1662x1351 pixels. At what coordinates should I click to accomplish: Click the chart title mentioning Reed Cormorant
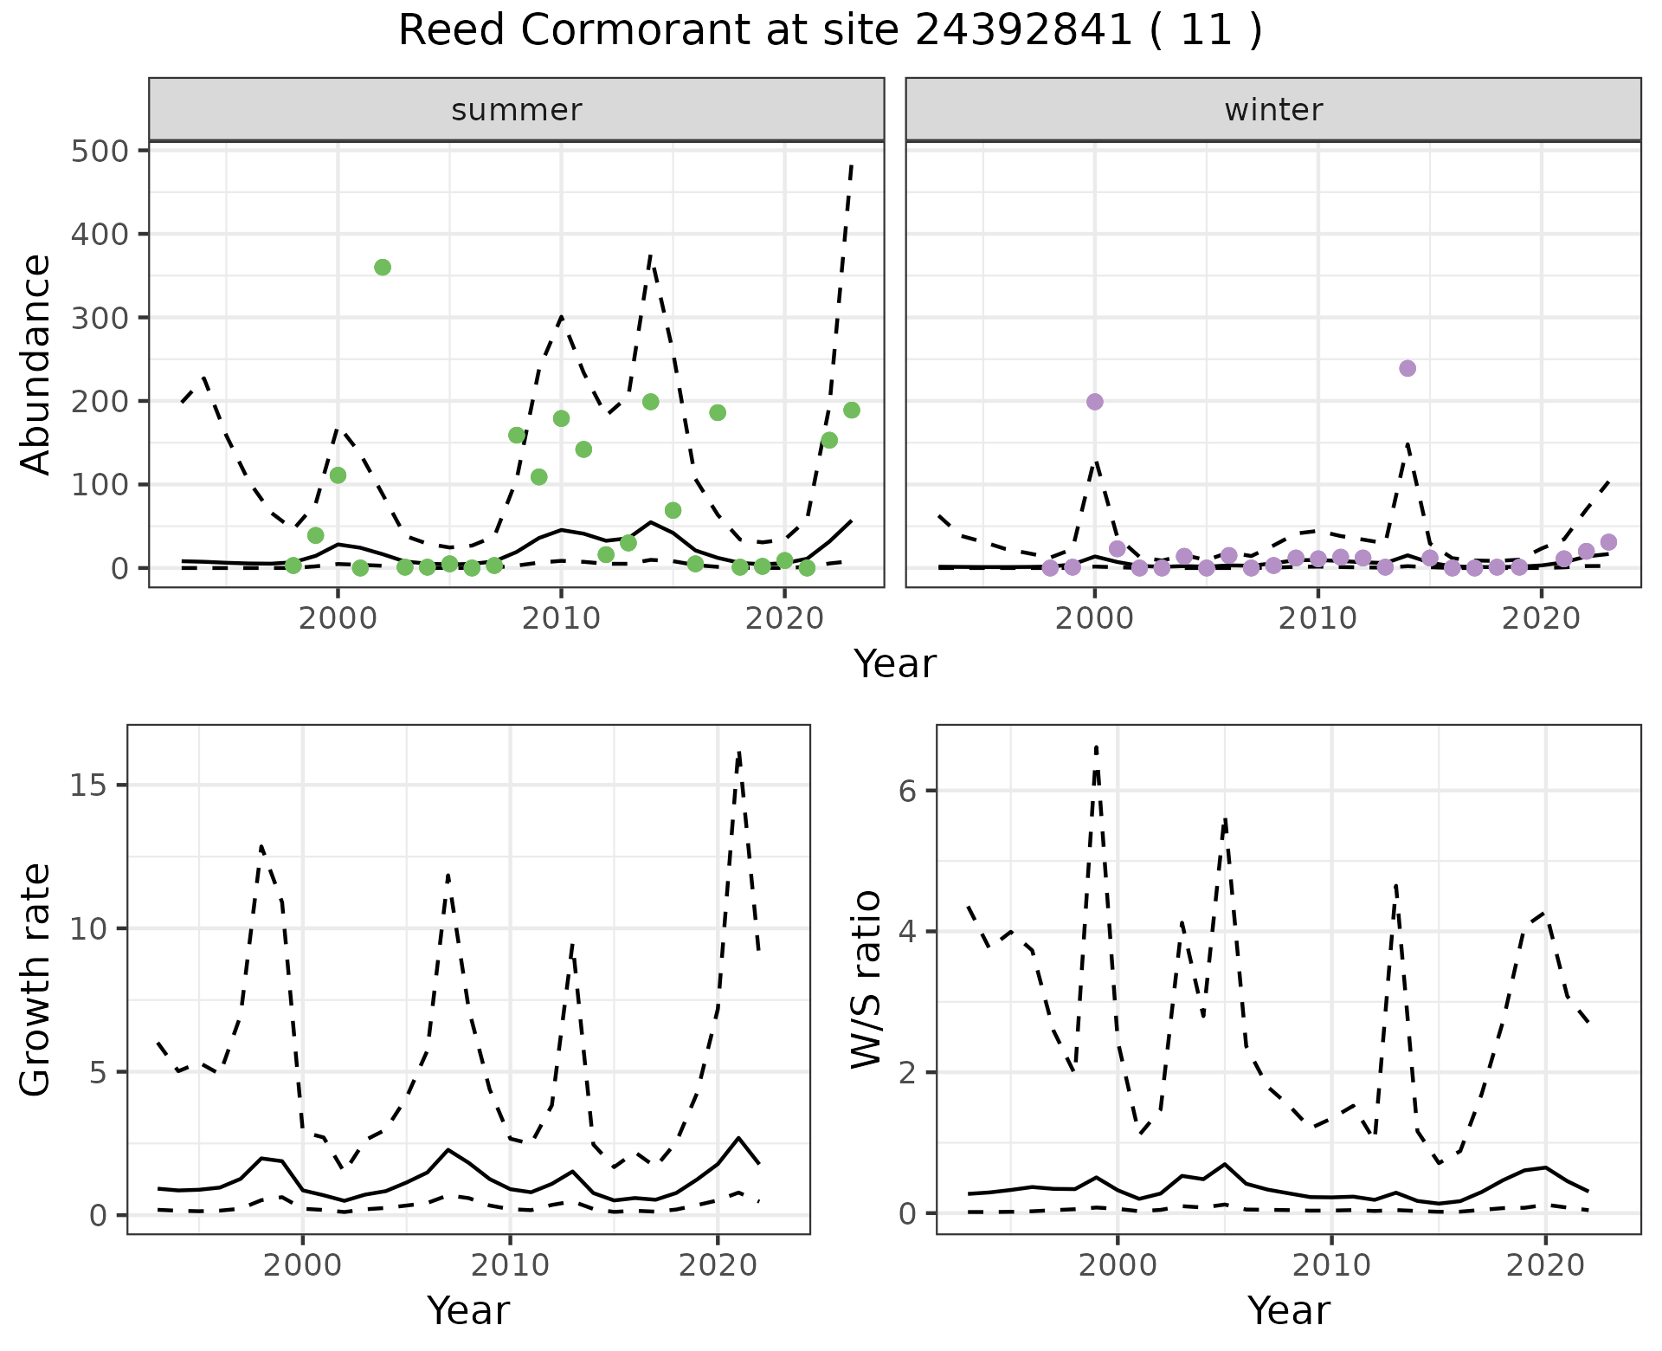[829, 31]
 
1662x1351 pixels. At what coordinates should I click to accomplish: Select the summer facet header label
[517, 110]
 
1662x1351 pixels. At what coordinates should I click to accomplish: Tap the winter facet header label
[1273, 110]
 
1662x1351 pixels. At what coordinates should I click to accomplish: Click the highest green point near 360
[383, 268]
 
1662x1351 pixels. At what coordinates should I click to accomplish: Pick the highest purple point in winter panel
[1408, 368]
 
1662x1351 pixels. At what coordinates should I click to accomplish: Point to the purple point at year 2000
[1095, 402]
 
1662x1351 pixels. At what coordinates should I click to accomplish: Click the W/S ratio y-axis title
[866, 979]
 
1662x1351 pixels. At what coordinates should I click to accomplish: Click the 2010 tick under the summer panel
[561, 618]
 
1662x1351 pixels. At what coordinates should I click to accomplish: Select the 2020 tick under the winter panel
[1541, 618]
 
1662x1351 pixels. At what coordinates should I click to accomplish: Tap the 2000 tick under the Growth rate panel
[302, 1265]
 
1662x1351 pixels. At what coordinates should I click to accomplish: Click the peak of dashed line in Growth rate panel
[739, 753]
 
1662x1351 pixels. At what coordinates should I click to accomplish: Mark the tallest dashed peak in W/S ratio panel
[1096, 746]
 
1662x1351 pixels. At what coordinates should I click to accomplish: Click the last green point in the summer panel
[852, 410]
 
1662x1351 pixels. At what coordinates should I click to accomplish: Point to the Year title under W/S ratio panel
[1288, 1310]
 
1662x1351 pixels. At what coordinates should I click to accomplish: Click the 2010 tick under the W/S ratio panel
[1331, 1265]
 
